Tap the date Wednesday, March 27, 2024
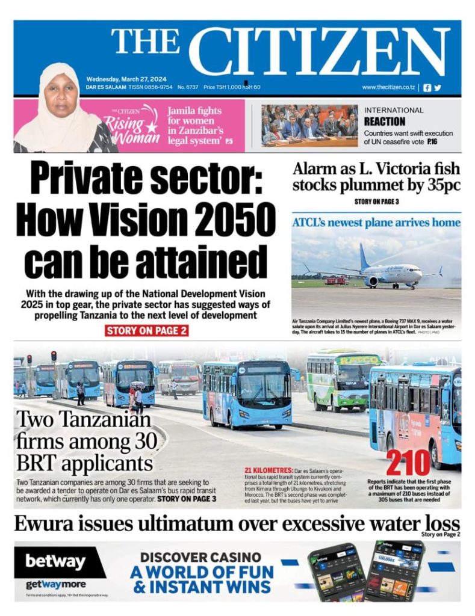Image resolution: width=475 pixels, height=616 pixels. click(126, 79)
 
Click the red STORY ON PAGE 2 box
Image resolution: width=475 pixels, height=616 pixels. click(147, 330)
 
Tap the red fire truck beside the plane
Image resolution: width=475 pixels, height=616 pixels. click(337, 280)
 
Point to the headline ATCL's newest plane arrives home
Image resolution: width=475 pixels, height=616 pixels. click(376, 223)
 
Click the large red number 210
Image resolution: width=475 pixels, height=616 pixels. click(408, 463)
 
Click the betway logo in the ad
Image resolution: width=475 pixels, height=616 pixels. click(55, 562)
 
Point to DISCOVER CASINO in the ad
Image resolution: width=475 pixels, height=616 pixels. click(200, 556)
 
